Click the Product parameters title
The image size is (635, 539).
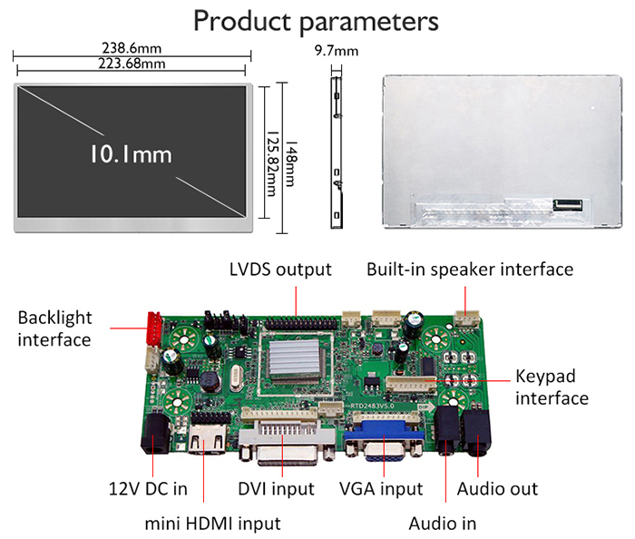[x=317, y=22]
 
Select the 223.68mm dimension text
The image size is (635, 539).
[x=132, y=64]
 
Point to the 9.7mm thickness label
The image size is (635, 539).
[x=337, y=52]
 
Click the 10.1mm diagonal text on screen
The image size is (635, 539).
[x=131, y=154]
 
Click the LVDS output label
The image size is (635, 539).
[x=280, y=269]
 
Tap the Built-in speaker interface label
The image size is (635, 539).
[x=470, y=269]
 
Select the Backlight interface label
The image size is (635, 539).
[x=54, y=328]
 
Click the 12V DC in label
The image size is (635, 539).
[x=142, y=489]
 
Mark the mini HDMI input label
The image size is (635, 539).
[x=212, y=524]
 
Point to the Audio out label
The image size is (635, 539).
[x=497, y=489]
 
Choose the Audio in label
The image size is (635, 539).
[x=442, y=524]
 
